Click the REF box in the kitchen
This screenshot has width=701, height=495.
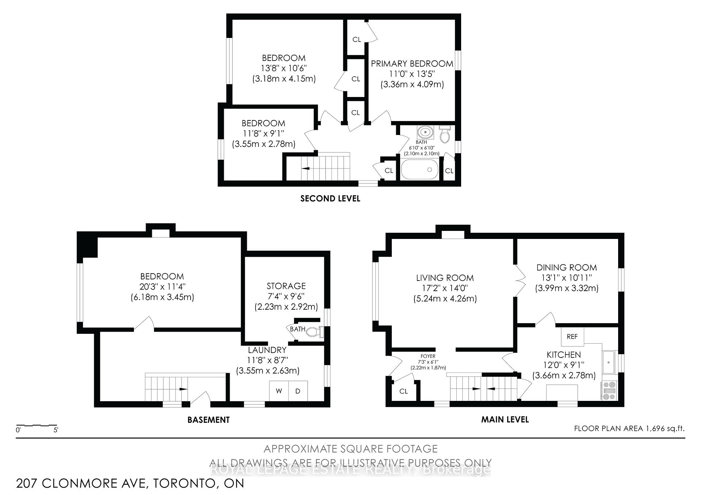572,336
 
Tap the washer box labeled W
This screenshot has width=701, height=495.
279,391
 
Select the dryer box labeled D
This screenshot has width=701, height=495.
298,391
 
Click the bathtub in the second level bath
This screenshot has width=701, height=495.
420,170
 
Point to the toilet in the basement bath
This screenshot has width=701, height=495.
314,332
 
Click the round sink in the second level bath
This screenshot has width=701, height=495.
425,131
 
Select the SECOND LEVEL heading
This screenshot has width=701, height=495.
330,198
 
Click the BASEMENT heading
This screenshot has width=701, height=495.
208,419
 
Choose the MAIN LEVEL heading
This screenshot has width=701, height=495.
505,419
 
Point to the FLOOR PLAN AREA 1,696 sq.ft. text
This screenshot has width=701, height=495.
629,428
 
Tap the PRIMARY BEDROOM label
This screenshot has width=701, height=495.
412,63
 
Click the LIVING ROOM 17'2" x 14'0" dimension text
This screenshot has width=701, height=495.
445,288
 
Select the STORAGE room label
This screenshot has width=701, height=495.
286,286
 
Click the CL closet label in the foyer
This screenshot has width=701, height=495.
403,391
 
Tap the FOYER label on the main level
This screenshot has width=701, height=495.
428,356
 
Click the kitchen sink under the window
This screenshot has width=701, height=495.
609,362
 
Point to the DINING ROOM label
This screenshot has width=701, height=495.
566,267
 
